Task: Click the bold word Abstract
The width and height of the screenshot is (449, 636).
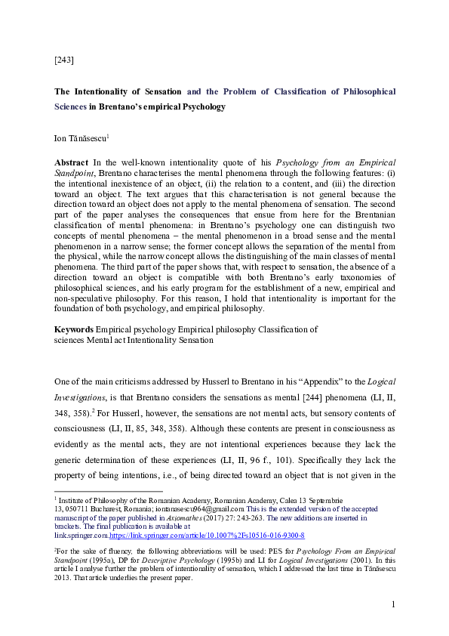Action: pyautogui.click(x=71, y=162)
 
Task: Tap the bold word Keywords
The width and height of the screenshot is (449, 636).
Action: pyautogui.click(x=73, y=329)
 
